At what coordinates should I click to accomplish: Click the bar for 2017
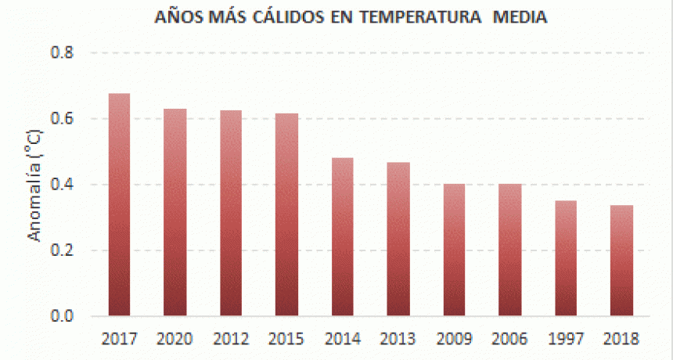[119, 205]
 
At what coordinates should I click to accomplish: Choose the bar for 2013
[398, 239]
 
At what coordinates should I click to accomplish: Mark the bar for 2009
[454, 250]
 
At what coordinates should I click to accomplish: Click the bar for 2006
[510, 250]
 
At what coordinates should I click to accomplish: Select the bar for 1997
[566, 258]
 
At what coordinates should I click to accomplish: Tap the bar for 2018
[622, 261]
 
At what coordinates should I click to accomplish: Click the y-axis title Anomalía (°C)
[34, 185]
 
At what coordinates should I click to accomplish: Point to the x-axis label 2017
[119, 339]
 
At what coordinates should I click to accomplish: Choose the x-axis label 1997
[566, 339]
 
